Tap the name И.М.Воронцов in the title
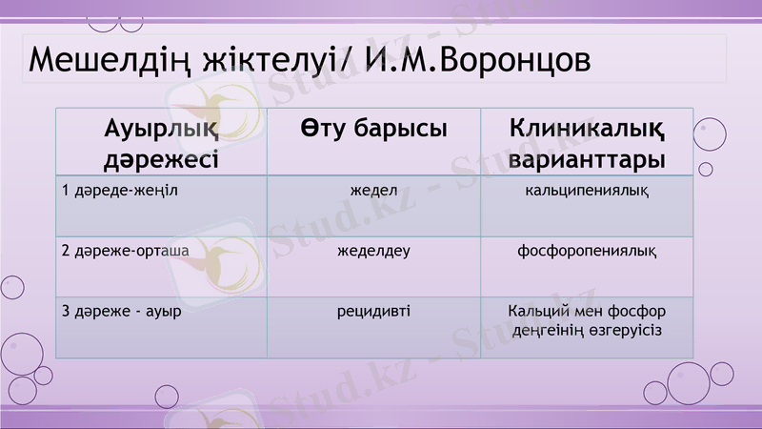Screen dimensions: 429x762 click(476, 59)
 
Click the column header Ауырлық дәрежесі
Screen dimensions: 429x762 click(161, 142)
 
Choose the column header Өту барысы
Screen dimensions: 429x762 click(373, 128)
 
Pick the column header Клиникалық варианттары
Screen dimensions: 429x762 click(587, 142)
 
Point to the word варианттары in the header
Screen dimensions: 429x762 click(587, 158)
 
